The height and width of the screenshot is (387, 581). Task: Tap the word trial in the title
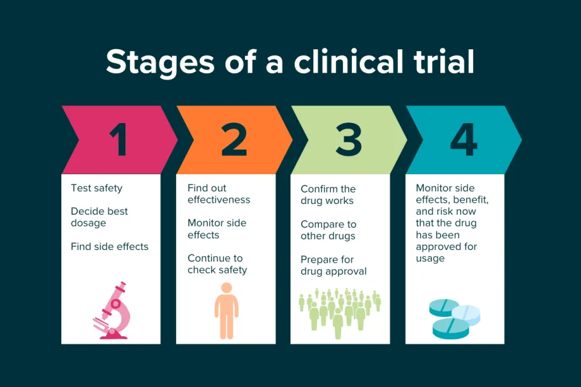click(440, 61)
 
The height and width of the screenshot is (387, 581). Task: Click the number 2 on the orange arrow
click(234, 140)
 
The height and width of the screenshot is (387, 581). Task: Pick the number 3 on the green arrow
click(349, 140)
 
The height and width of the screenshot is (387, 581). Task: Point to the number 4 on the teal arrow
click(463, 140)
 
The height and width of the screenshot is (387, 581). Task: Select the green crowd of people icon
click(340, 309)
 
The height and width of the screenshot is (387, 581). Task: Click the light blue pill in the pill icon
click(466, 314)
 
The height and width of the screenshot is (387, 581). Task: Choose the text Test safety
click(97, 188)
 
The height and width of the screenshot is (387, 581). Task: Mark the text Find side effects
click(109, 246)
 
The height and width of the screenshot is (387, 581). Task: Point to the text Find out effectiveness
click(219, 194)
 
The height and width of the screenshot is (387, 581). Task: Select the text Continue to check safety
click(217, 264)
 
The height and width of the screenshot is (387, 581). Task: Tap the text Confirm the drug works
click(328, 195)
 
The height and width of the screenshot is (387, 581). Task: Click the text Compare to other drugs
click(328, 230)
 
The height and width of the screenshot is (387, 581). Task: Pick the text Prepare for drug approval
click(333, 265)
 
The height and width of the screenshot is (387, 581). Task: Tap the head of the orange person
click(226, 288)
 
